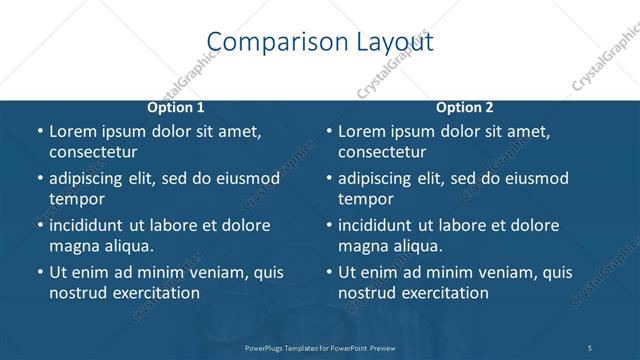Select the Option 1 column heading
tap(176, 107)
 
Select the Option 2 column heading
tap(465, 107)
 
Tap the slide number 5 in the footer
tap(590, 347)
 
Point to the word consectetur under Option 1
tap(93, 152)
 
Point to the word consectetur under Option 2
tap(382, 152)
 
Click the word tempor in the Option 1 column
tap(76, 199)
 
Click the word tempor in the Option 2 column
tap(365, 199)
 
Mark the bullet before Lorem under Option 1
tap(39, 132)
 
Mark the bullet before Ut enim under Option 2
tap(328, 273)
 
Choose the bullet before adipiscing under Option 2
tap(328, 179)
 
